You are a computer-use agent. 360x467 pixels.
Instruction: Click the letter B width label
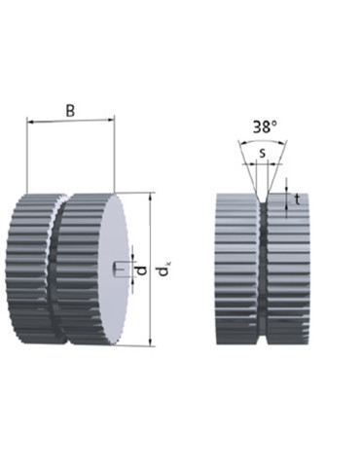70,110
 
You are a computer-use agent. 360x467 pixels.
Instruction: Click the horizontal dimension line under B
71,122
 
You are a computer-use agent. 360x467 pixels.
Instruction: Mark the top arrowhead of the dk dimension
151,197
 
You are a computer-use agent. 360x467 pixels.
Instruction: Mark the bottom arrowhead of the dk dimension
151,341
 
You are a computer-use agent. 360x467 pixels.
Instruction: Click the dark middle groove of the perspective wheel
54,272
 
